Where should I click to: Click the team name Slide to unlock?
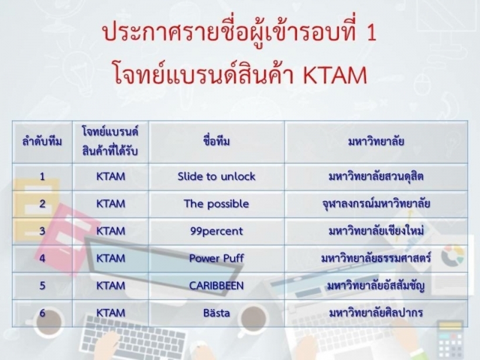point(217,177)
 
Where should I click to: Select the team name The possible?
point(217,204)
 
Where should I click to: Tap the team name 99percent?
point(217,231)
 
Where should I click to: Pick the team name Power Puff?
point(217,258)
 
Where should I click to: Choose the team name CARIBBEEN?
point(217,286)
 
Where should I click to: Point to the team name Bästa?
point(217,313)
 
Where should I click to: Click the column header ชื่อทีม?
point(217,142)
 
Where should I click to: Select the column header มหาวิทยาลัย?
point(376,142)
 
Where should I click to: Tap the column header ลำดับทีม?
point(42,142)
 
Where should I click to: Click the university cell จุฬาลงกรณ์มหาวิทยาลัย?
point(376,204)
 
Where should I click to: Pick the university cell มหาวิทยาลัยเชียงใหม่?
point(376,231)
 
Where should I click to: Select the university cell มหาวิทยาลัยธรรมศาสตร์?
point(376,258)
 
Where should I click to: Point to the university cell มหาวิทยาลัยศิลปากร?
point(376,313)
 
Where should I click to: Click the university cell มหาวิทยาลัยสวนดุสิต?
point(376,177)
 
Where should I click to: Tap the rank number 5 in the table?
point(42,286)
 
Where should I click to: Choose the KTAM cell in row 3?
point(111,231)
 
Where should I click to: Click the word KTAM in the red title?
point(335,75)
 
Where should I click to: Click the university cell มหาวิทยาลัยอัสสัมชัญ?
point(376,286)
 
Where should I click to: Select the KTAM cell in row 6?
point(111,313)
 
